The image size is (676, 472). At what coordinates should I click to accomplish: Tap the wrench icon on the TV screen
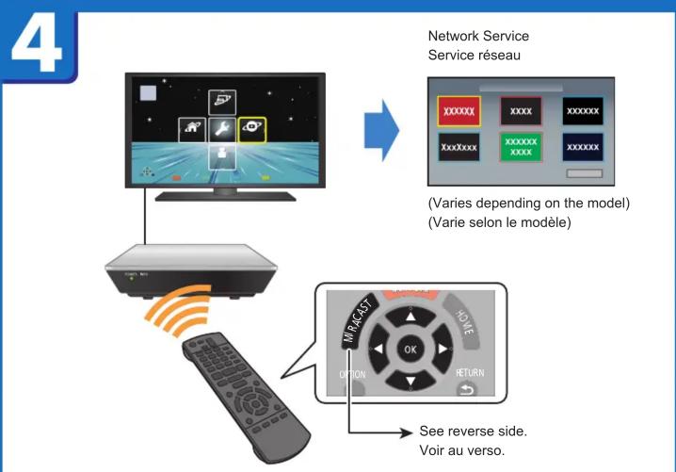click(222, 132)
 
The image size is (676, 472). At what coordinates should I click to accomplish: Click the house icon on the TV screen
click(192, 132)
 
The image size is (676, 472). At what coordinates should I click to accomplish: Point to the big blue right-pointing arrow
click(380, 131)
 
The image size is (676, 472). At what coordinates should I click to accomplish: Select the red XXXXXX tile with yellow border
click(459, 110)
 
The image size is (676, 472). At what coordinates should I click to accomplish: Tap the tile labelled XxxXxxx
click(459, 149)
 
